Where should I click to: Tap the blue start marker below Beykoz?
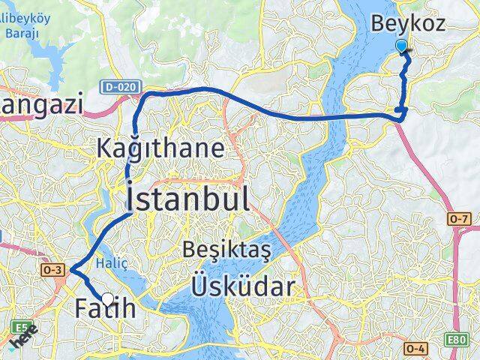click(402, 46)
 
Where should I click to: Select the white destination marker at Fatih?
click(107, 299)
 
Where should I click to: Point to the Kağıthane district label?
click(160, 148)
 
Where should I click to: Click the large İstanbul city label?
click(187, 199)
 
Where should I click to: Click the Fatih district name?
click(105, 307)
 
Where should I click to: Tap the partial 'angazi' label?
click(41, 104)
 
